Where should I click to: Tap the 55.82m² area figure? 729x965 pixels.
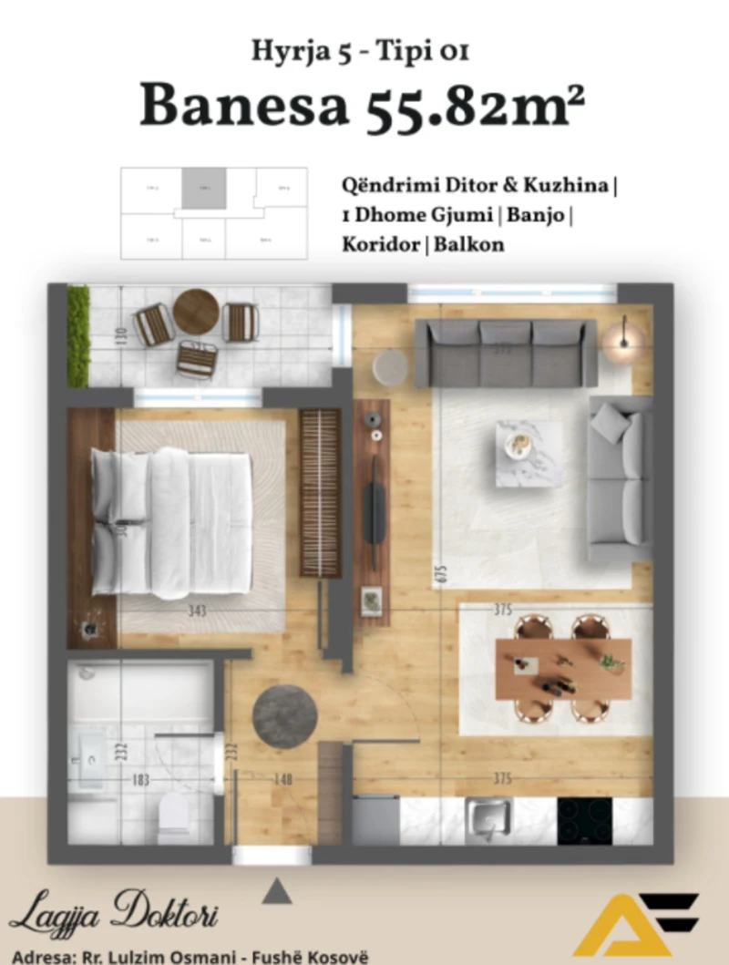click(475, 106)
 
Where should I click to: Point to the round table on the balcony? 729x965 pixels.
click(196, 312)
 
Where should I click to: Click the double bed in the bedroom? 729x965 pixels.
click(172, 521)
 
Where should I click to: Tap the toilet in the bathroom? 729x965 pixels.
click(174, 815)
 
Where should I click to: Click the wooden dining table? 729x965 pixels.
click(563, 668)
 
